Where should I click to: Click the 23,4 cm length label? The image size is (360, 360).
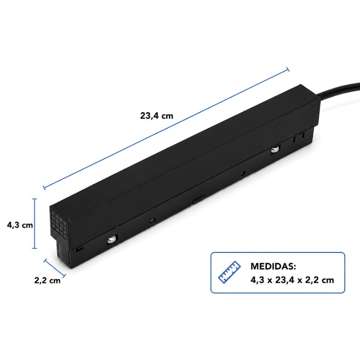(x=157, y=116)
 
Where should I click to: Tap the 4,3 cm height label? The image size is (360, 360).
(x=20, y=225)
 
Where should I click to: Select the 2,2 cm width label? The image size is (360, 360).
(x=48, y=280)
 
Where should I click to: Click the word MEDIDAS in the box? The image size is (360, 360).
(x=273, y=266)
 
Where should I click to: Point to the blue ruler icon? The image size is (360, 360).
(x=229, y=272)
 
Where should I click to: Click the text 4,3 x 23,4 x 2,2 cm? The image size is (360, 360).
(x=292, y=280)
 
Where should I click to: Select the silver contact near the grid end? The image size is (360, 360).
(x=111, y=239)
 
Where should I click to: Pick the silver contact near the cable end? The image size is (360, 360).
(x=274, y=150)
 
